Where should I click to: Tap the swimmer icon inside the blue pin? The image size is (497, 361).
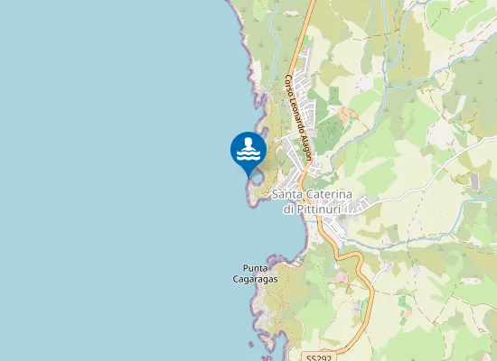248,150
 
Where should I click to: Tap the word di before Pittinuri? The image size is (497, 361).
288,208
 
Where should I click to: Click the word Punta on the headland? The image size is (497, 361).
256,268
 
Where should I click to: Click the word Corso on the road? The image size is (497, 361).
289,86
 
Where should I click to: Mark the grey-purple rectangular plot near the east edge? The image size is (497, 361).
475,181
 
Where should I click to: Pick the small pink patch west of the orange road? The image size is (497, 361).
341,277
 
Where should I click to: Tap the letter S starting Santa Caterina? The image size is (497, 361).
275,196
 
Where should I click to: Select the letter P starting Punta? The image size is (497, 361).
245,268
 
